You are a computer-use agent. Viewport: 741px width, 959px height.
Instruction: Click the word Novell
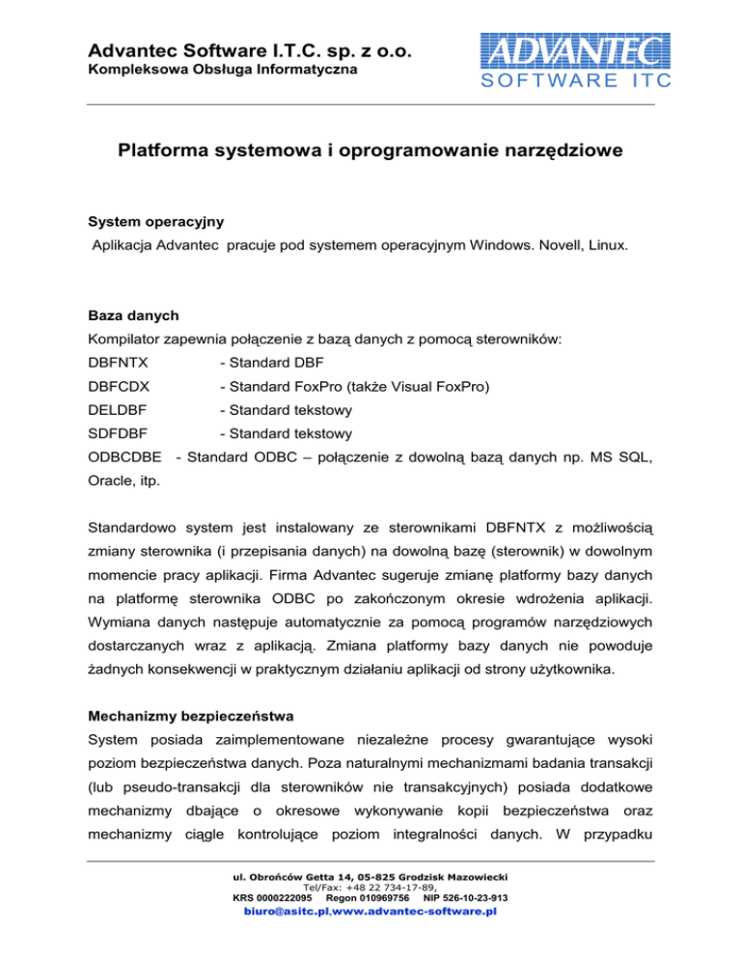547,247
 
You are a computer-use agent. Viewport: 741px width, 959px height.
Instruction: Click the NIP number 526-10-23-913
478,923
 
